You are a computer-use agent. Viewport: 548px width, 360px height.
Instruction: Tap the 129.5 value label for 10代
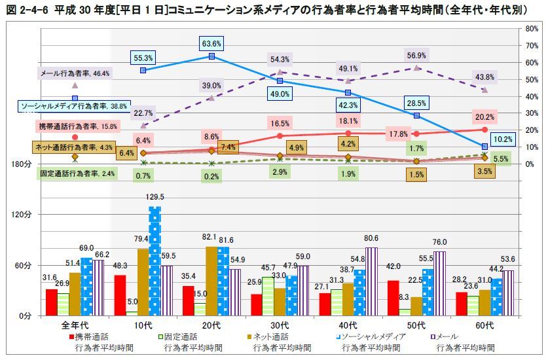click(155, 197)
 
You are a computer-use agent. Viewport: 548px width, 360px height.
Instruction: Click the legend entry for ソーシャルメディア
click(374, 336)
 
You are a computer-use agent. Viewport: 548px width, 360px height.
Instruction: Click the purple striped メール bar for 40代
click(371, 281)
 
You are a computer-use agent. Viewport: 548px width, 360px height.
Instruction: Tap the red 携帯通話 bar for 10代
click(120, 295)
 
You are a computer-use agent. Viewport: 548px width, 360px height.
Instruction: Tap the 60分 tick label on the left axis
click(18, 265)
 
